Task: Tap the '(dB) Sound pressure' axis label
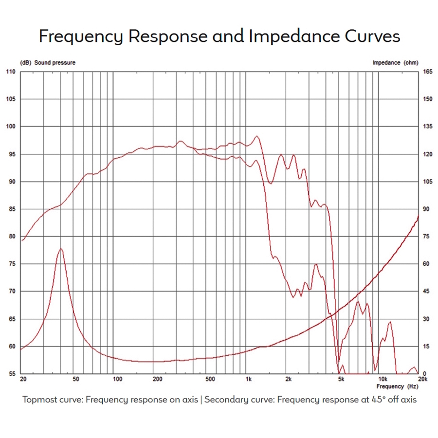pos(48,63)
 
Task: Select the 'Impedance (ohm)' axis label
pos(395,63)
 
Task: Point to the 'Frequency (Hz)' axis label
pos(397,386)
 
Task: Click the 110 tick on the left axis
pos(11,72)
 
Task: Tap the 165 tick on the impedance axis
pos(427,72)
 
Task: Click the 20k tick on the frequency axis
pos(422,379)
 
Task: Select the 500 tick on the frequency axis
pos(210,379)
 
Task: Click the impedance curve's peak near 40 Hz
pos(61,249)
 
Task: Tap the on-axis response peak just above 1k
pos(257,136)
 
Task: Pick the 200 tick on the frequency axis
pos(157,379)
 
